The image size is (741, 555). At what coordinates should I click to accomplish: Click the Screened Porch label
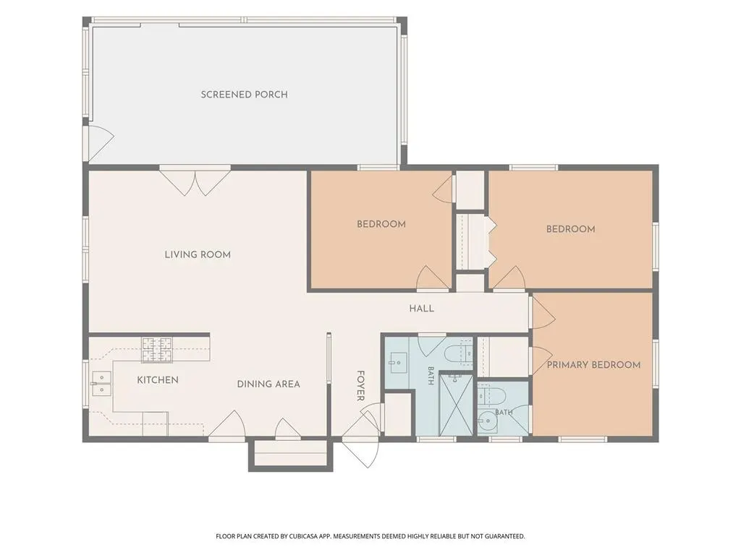point(245,95)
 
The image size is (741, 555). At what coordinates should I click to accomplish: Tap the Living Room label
point(198,255)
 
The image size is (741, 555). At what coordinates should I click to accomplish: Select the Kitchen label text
point(158,380)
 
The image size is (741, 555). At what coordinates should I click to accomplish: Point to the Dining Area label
point(268,384)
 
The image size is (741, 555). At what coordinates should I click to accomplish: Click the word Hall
point(422,309)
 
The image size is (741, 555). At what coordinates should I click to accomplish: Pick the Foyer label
point(360,386)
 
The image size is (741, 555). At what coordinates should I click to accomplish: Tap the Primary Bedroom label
point(593,365)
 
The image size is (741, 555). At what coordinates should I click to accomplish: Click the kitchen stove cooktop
point(157,350)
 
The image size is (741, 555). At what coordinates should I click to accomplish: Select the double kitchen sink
point(101,383)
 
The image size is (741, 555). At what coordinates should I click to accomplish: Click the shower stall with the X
point(456,405)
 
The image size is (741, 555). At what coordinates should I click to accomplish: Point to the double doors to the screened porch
point(195,180)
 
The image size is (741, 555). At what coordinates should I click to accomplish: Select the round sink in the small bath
point(486,421)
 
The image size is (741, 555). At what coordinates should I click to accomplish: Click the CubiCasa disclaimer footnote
point(370,536)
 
